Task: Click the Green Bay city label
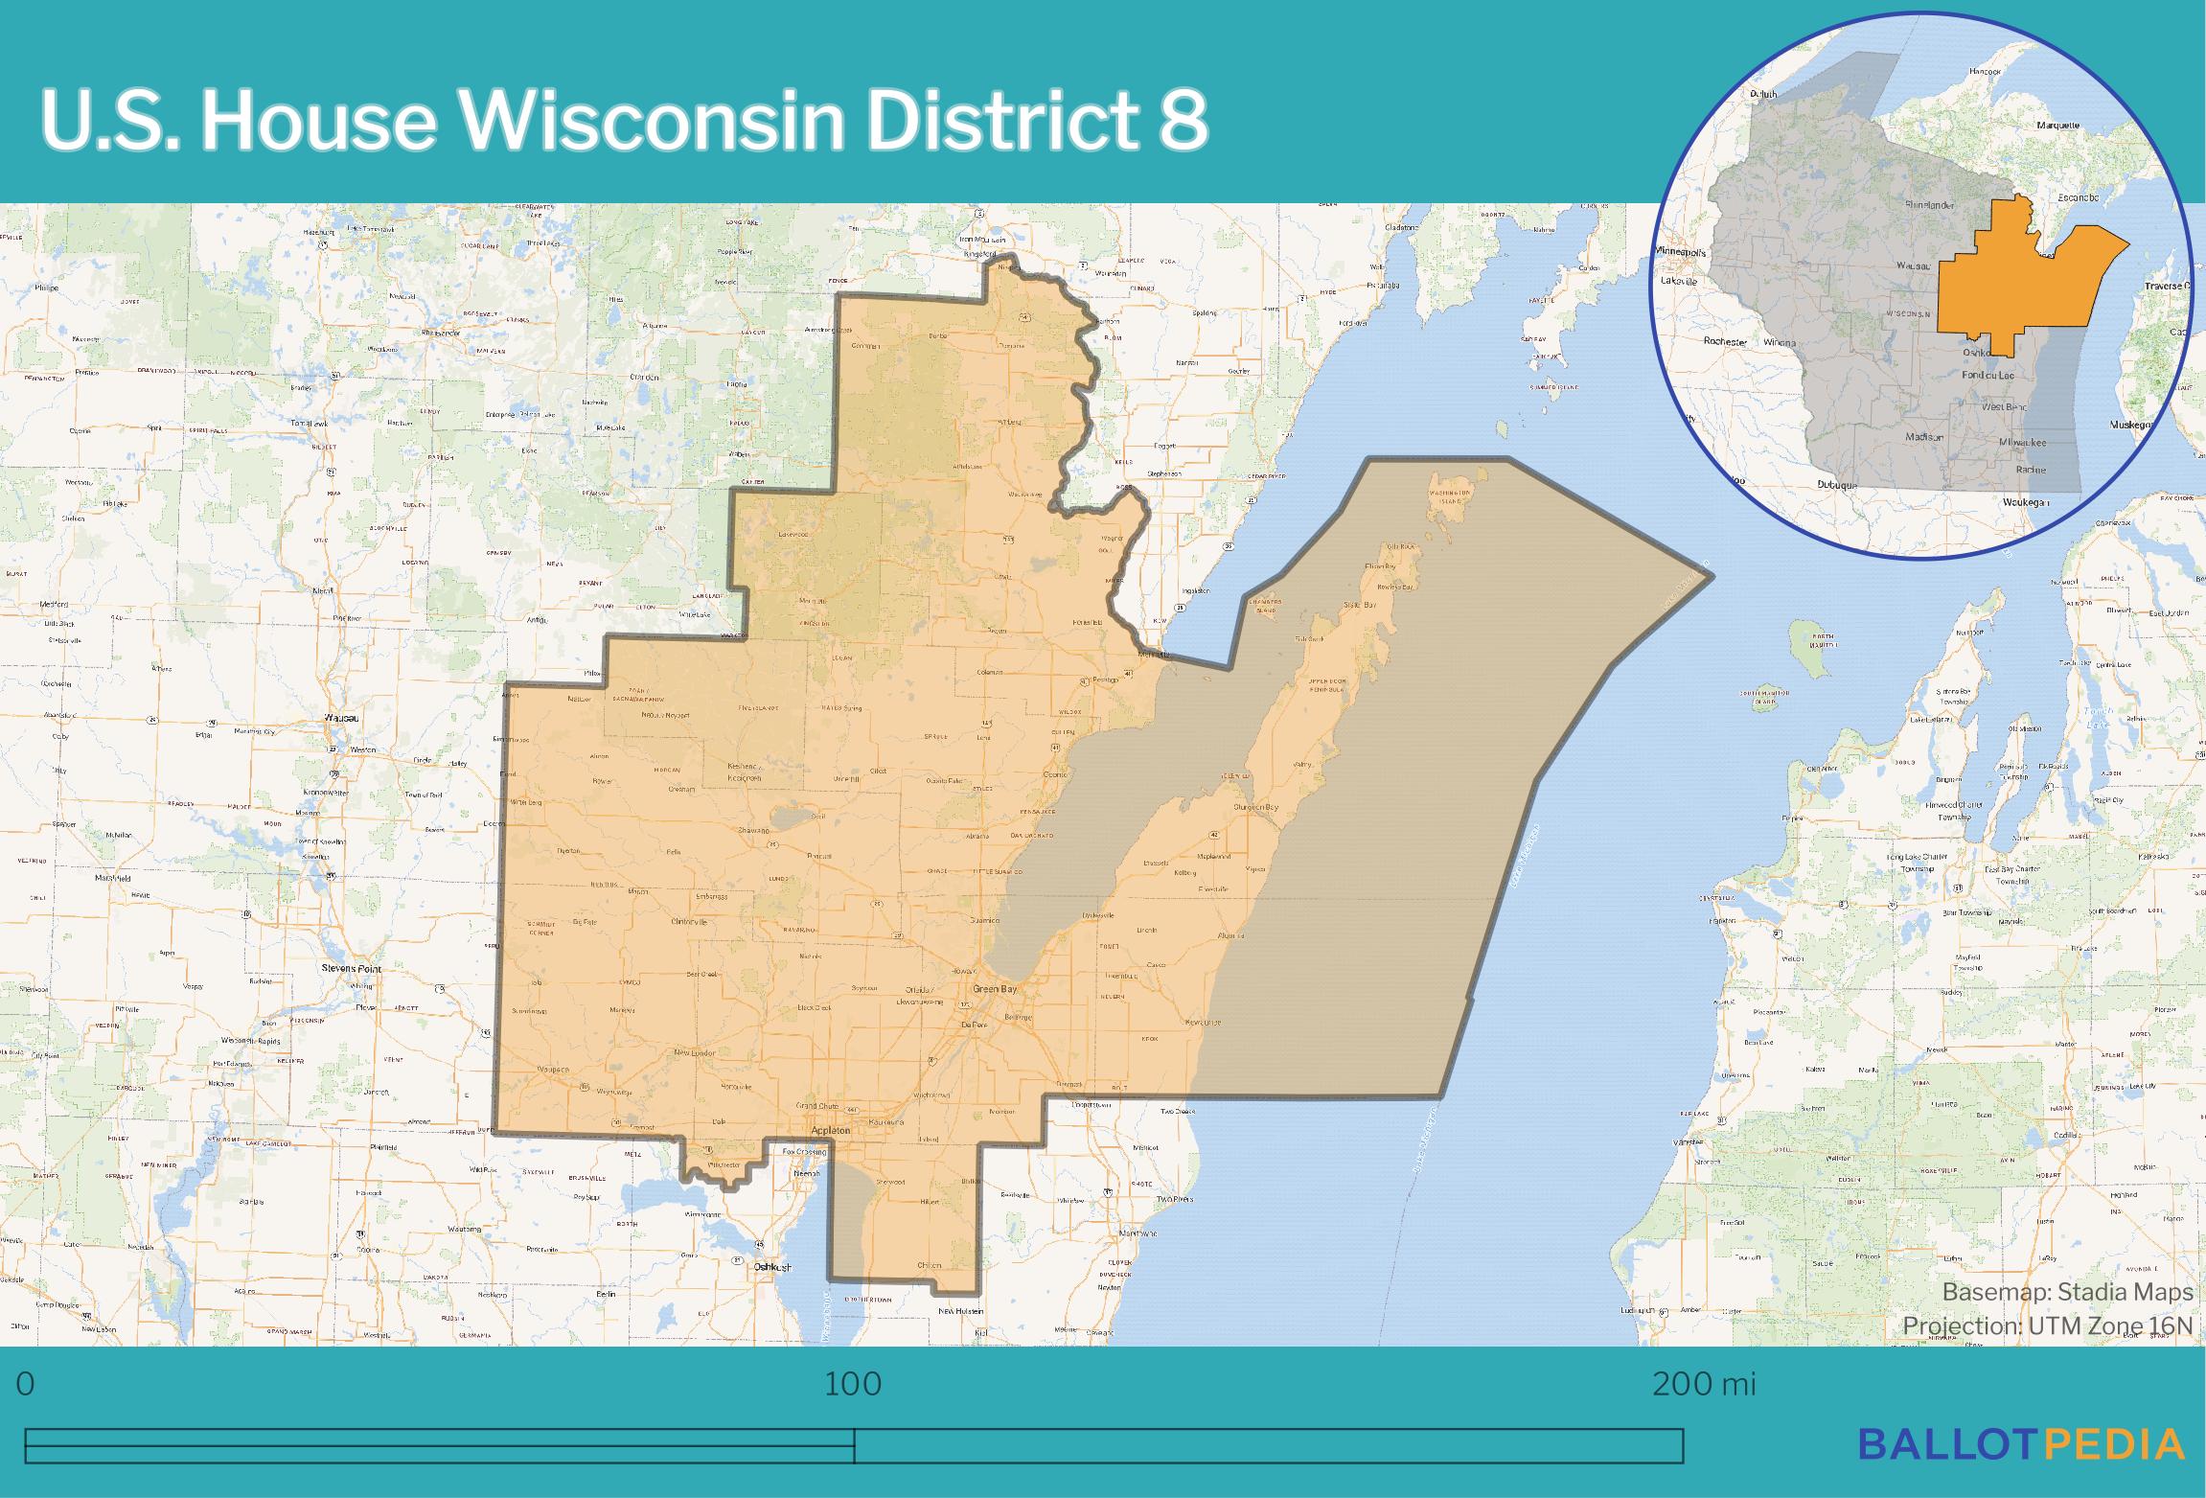point(994,988)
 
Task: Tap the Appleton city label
point(831,1131)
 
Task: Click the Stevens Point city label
point(352,969)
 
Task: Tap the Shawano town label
point(754,831)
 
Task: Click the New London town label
point(696,1052)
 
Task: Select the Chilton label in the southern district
point(930,1266)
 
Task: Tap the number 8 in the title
point(1184,122)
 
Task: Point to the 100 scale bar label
point(853,1385)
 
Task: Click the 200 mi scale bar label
point(1704,1385)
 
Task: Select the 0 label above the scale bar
point(26,1385)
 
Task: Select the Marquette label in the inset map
point(2057,152)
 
